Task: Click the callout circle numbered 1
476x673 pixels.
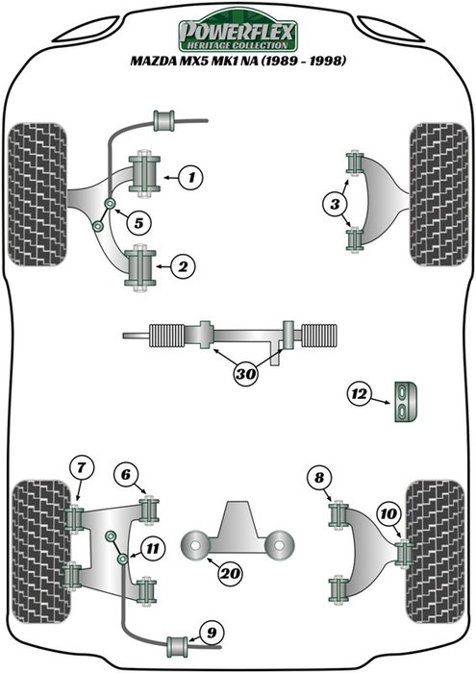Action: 191,177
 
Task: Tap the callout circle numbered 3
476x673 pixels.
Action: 334,203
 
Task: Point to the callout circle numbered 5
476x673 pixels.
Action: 138,224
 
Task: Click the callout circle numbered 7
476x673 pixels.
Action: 82,469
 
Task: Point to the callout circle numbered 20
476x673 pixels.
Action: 229,574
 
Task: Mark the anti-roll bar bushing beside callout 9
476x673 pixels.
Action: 178,643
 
